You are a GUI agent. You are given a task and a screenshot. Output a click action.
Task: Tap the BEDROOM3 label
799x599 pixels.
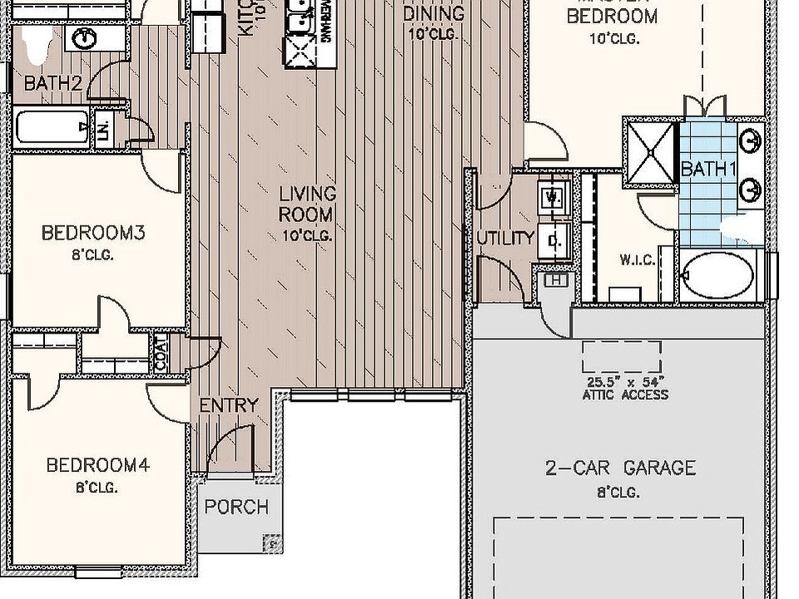tap(93, 233)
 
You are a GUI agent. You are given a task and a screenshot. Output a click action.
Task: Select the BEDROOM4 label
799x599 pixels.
tap(97, 465)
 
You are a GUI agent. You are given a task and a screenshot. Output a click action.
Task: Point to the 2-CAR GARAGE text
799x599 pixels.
tap(620, 468)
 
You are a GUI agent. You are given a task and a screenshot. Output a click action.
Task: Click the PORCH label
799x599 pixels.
tap(236, 507)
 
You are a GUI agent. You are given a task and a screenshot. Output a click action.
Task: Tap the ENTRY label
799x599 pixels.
tap(229, 405)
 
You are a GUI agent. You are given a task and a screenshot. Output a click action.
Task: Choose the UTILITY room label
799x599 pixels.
tap(505, 238)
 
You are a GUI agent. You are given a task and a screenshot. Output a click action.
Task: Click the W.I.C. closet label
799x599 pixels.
tap(636, 260)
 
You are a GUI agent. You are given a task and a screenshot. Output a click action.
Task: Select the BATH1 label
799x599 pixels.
tap(709, 169)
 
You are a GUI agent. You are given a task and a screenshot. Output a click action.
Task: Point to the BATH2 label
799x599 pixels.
tap(52, 83)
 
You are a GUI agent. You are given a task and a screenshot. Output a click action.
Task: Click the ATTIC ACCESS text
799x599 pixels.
tap(624, 394)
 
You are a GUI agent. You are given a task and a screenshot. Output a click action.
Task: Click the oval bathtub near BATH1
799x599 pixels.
tap(717, 276)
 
